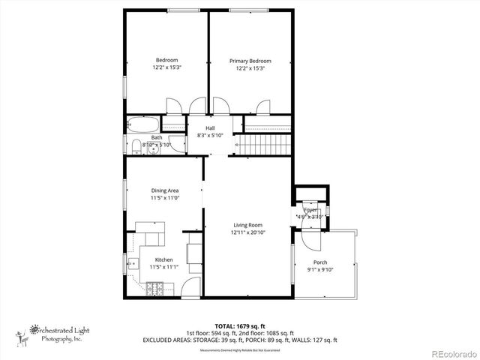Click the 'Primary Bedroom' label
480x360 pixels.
250,61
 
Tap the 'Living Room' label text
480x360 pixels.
247,225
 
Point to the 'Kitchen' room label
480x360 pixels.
163,259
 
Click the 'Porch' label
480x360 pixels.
319,262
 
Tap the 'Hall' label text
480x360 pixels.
210,128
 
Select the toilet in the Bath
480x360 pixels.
136,145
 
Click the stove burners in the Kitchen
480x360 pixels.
158,287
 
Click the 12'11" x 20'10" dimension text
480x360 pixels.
247,232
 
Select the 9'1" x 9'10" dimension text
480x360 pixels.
319,270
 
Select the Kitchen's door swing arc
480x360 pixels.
190,286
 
